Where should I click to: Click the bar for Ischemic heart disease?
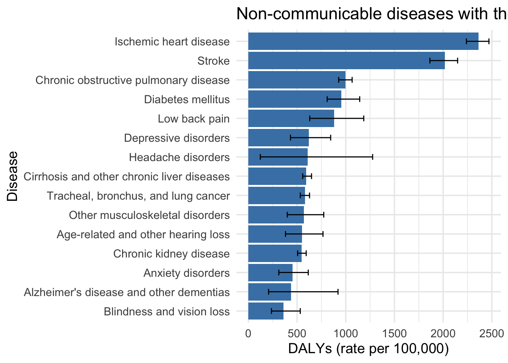pos(363,41)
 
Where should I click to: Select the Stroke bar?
pos(346,60)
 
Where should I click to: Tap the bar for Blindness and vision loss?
pos(266,311)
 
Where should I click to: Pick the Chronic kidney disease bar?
pos(275,253)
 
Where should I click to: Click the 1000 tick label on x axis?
pos(345,334)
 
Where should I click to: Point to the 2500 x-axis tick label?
pos(491,334)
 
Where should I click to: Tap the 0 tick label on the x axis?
pos(248,334)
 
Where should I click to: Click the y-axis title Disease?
pos(13,176)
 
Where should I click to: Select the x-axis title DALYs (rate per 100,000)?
pos(368,349)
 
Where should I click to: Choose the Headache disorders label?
pos(179,157)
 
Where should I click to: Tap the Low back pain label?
pos(194,119)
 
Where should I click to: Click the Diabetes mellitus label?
pos(187,99)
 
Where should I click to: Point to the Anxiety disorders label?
pos(186,273)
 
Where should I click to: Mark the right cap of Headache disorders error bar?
pos(372,157)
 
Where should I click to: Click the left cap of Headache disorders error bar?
pos(260,157)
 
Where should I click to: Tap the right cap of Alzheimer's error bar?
pos(338,292)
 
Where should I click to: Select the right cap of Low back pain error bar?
pos(364,118)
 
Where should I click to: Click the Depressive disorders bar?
pos(278,138)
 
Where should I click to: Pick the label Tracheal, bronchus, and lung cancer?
pos(138,196)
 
